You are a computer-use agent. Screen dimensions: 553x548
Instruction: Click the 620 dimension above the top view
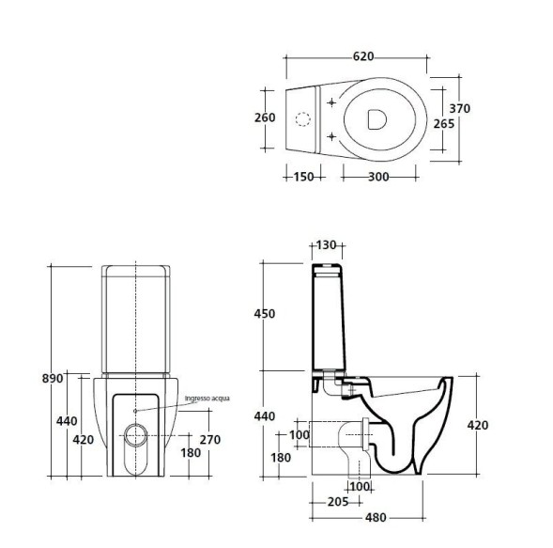[363, 56]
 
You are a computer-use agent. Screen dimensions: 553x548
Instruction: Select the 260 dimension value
[265, 117]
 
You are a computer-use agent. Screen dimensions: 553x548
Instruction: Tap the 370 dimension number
[459, 108]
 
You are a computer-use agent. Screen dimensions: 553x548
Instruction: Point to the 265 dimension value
[444, 124]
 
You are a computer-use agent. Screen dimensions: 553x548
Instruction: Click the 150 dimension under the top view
[303, 177]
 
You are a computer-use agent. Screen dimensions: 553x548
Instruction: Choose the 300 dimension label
[378, 177]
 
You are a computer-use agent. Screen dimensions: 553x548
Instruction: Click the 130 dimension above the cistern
[326, 245]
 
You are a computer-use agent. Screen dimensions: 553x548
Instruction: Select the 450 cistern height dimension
[265, 314]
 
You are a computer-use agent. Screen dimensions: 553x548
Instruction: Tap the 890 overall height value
[53, 378]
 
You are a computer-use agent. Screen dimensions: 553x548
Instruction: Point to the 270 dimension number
[210, 440]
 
